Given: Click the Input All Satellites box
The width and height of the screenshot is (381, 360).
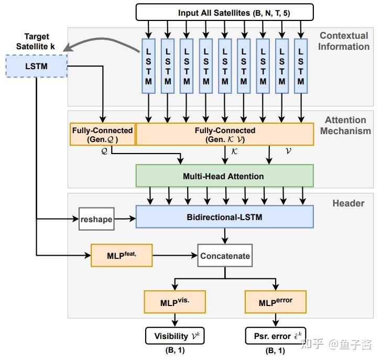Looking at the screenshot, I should coord(224,12).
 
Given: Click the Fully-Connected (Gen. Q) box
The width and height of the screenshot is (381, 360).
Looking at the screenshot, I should coord(102,135).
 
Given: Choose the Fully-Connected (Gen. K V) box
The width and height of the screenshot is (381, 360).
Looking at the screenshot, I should coord(225,135).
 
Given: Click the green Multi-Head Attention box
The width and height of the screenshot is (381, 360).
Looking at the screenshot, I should coord(224,176).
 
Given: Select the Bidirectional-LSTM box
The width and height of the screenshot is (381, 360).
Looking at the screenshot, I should coord(224,216).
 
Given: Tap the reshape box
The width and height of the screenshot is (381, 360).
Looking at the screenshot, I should coord(96,219).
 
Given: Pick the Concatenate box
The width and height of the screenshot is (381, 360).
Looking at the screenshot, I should coord(224,256).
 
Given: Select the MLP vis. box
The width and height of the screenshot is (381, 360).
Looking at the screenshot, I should coord(175,302).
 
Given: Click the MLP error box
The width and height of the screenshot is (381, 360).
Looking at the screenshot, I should coord(276,302).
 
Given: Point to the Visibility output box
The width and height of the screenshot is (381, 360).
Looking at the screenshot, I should coord(175,335).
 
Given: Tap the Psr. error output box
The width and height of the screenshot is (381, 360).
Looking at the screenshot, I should coord(276,335).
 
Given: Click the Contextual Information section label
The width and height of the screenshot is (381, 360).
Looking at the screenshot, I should coord(344,41).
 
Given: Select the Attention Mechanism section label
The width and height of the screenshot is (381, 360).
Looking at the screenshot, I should coord(344,126).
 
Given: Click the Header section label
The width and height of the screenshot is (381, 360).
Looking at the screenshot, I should coord(348,203).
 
